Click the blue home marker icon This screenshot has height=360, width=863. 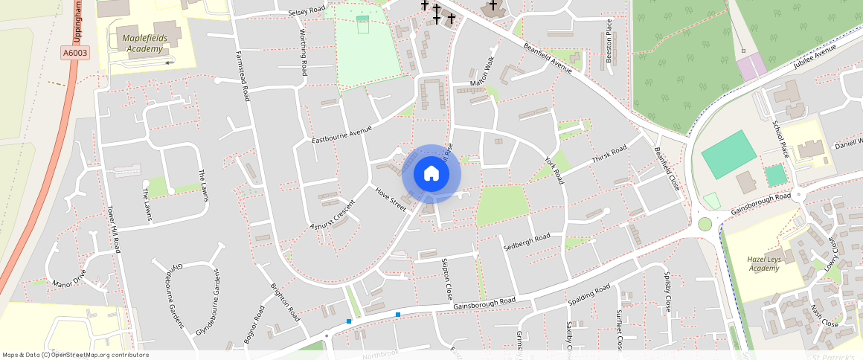click(431, 174)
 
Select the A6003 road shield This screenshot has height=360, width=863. click(74, 53)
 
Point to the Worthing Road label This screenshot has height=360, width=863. click(304, 52)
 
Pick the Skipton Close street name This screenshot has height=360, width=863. click(447, 279)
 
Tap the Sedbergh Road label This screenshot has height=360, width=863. click(527, 242)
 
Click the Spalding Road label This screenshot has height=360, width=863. click(588, 295)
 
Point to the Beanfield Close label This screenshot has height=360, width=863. click(667, 168)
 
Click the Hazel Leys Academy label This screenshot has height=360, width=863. click(764, 263)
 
